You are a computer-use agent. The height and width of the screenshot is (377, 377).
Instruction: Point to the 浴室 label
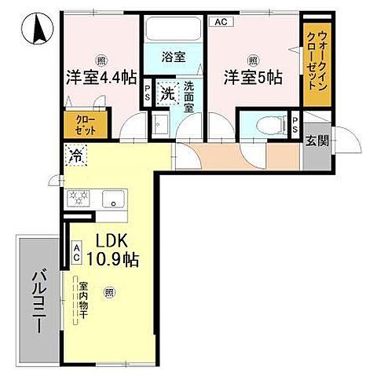coord(174,57)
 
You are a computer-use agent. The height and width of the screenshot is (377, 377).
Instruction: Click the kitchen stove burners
coord(79,199)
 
